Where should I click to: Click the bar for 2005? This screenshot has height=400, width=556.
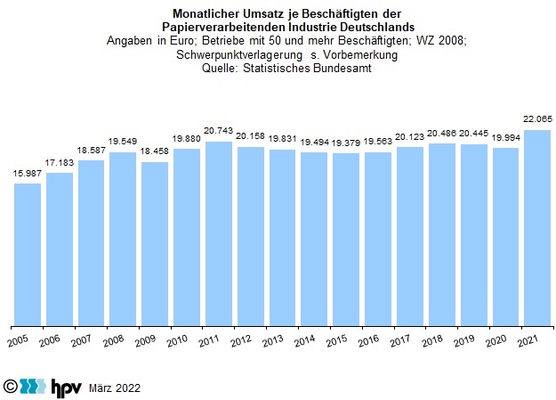[x=28, y=254]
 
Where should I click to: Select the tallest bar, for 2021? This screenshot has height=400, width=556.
[x=536, y=227]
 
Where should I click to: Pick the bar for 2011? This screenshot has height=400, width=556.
[x=219, y=233]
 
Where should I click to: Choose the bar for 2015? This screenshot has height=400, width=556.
[x=346, y=239]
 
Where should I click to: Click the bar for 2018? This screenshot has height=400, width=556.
[x=441, y=234]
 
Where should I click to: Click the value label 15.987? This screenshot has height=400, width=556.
[x=28, y=173]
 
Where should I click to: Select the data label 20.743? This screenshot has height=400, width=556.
[x=219, y=132]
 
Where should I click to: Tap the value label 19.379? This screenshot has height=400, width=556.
[x=346, y=143]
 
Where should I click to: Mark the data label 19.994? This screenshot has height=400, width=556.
[x=505, y=138]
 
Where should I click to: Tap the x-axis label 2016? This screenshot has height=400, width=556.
[x=369, y=340]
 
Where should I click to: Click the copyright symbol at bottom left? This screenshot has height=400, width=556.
[x=11, y=387]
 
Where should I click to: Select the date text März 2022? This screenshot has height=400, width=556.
[x=115, y=388]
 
